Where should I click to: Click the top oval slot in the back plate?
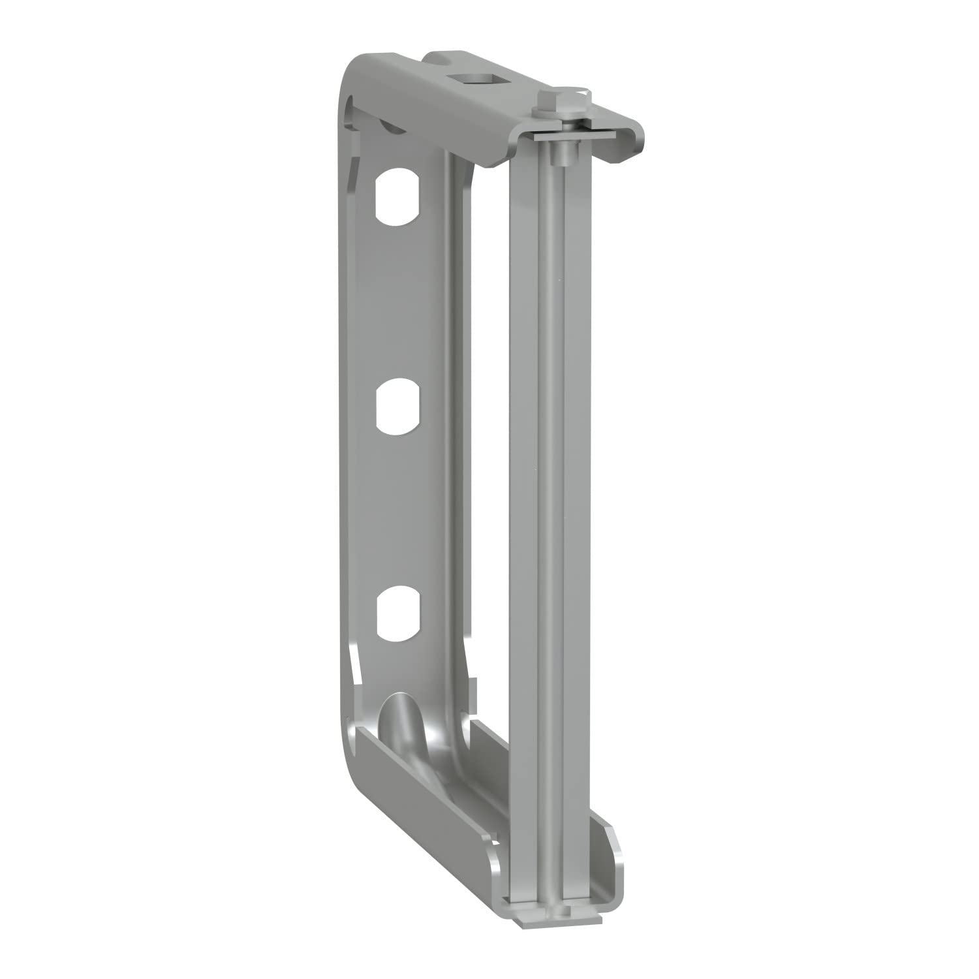coord(397,197)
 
